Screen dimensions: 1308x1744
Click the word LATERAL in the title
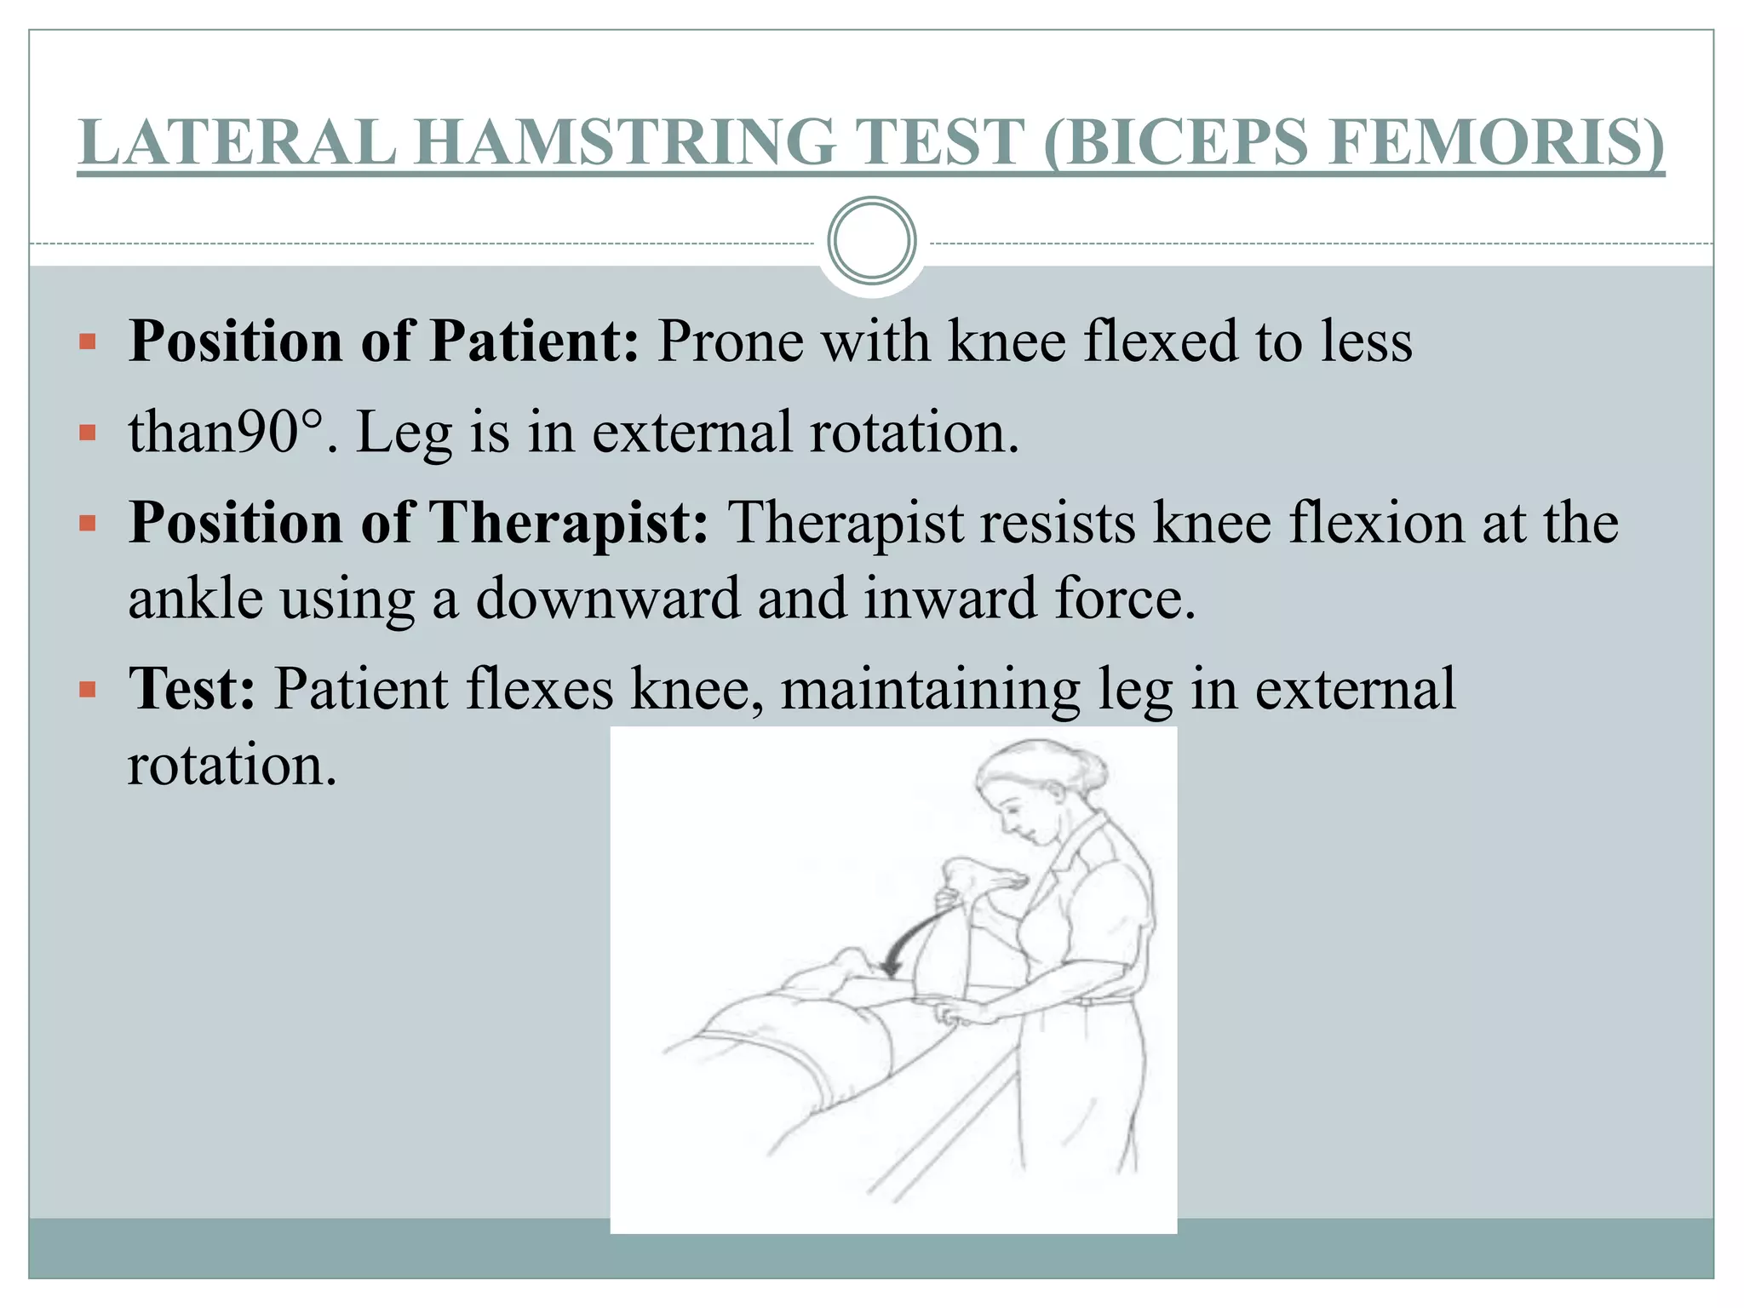[238, 142]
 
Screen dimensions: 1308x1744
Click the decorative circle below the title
[872, 241]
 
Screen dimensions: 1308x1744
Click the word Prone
[731, 341]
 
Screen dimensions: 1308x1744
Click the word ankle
[196, 598]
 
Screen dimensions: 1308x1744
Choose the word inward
[951, 598]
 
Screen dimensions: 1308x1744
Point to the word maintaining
[931, 688]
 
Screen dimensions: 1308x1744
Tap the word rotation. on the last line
[232, 764]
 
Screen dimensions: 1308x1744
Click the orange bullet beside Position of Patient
[87, 342]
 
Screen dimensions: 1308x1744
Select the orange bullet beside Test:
[87, 689]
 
